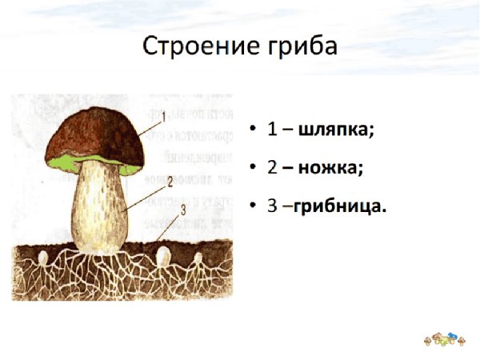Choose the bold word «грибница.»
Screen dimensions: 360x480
click(x=340, y=206)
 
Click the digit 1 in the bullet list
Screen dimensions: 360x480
click(x=271, y=130)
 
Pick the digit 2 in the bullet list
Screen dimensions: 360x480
click(x=271, y=168)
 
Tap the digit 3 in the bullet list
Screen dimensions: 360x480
click(x=271, y=206)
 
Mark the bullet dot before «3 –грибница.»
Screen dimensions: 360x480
click(x=254, y=207)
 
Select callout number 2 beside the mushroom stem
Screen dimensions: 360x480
click(x=170, y=182)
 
